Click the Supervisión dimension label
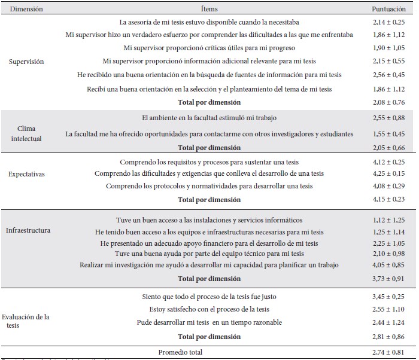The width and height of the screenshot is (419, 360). coord(26,62)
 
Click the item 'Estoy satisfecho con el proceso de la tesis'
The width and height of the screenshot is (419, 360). coord(209,309)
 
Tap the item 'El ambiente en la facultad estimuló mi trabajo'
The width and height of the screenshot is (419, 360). coord(209,118)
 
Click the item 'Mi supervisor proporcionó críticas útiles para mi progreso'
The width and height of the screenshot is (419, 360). coord(209,48)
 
